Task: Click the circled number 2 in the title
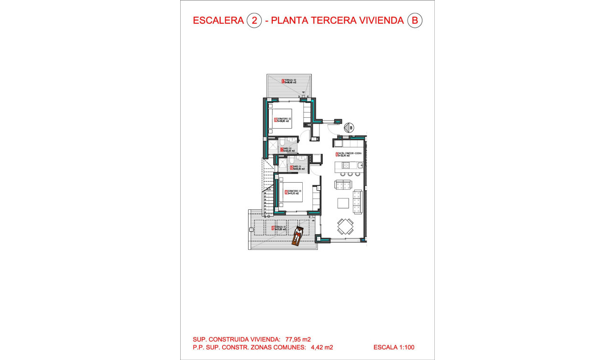[254, 21]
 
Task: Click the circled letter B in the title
[415, 21]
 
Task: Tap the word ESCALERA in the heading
[218, 21]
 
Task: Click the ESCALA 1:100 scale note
[394, 348]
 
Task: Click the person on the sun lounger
[297, 235]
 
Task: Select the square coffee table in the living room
[343, 203]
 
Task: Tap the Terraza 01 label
[279, 228]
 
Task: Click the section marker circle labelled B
[350, 128]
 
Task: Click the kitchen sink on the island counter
[359, 165]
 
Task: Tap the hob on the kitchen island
[346, 165]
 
